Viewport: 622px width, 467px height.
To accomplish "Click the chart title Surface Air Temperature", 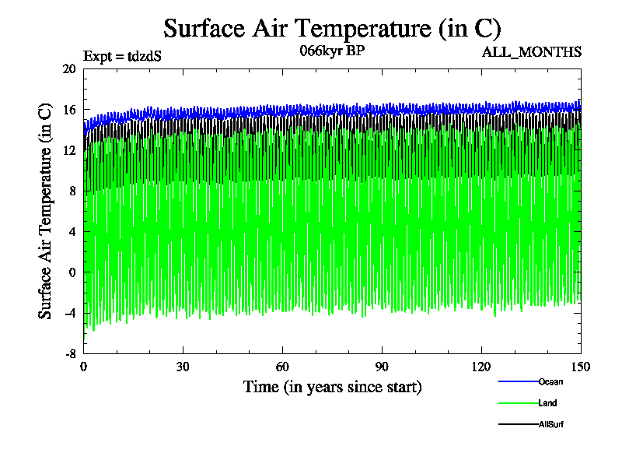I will tap(332, 28).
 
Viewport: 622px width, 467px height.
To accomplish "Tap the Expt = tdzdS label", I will tap(122, 56).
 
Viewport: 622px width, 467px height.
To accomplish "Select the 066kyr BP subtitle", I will tap(332, 51).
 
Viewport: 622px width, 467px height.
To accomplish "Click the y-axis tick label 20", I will tap(68, 69).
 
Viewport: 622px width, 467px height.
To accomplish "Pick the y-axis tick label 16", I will tap(68, 110).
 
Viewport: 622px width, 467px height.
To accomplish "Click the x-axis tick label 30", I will tap(183, 367).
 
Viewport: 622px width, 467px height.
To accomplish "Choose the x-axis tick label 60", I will tap(283, 367).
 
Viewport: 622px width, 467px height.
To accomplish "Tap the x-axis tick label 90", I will tap(382, 367).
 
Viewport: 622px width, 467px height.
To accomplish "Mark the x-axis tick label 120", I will tap(481, 367).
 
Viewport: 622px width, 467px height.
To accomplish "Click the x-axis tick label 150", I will tap(580, 367).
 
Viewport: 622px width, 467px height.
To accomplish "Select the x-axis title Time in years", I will tap(332, 386).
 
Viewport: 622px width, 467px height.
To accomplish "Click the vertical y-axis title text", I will tap(46, 211).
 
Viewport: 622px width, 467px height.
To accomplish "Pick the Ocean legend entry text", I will tap(550, 381).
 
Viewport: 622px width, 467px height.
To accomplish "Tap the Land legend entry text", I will tap(547, 403).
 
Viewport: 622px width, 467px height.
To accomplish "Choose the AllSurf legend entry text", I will tap(551, 424).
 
